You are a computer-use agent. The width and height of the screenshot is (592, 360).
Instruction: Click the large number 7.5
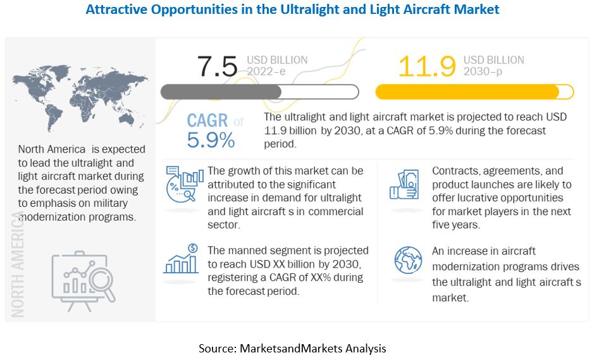coord(217,66)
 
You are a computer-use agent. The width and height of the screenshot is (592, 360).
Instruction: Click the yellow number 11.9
coord(427,66)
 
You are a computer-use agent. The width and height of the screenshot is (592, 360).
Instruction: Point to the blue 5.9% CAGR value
coord(210,140)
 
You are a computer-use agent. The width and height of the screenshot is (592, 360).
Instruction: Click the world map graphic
coord(79,96)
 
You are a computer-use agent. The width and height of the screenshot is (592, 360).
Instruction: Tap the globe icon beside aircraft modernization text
coord(408,260)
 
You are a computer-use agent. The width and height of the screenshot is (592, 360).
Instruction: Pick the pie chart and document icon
coord(184,183)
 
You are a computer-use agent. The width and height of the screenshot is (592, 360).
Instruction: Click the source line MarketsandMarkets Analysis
coord(292,348)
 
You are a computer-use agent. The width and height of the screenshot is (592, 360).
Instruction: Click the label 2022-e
coord(266,71)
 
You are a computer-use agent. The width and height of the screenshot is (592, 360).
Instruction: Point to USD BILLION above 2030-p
coord(493,59)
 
